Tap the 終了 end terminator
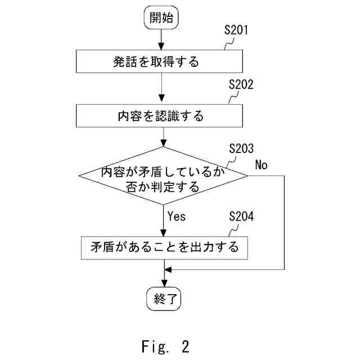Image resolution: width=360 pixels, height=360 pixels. [x=163, y=300]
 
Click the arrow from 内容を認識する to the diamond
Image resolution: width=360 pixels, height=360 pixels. [x=163, y=137]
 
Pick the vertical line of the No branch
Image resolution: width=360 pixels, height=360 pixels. [x=285, y=225]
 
